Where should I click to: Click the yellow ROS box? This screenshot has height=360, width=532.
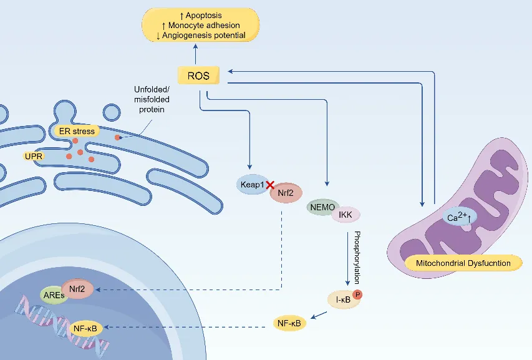point(198,75)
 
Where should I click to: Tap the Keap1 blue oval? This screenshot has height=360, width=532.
point(251,184)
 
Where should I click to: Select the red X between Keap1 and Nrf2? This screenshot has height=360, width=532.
point(270,185)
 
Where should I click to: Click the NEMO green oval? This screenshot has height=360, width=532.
point(321,207)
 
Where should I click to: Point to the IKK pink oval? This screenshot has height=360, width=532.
point(346,215)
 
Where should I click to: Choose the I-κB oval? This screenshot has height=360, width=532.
point(344,299)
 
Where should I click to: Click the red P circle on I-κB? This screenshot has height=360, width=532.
point(357,294)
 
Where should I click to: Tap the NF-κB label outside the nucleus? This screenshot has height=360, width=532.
point(289,323)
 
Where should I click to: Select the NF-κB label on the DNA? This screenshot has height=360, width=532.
point(85,328)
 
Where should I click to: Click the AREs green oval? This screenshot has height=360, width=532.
point(53,295)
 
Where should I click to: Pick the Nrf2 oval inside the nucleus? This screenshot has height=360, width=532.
point(77,289)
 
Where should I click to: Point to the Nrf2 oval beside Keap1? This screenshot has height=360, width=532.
point(286,193)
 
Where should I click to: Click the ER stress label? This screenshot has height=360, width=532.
point(77,131)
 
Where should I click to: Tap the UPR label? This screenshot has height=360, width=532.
point(34,156)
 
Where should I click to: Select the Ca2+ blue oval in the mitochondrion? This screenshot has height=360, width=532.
point(460,217)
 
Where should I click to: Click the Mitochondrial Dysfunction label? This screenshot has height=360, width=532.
point(463,263)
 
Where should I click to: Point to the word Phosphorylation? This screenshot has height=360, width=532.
point(357,258)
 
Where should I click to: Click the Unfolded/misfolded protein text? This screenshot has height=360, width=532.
point(152,99)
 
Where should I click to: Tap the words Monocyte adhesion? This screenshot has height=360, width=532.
point(204,25)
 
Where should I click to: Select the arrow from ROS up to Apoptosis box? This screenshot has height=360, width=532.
point(195,54)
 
